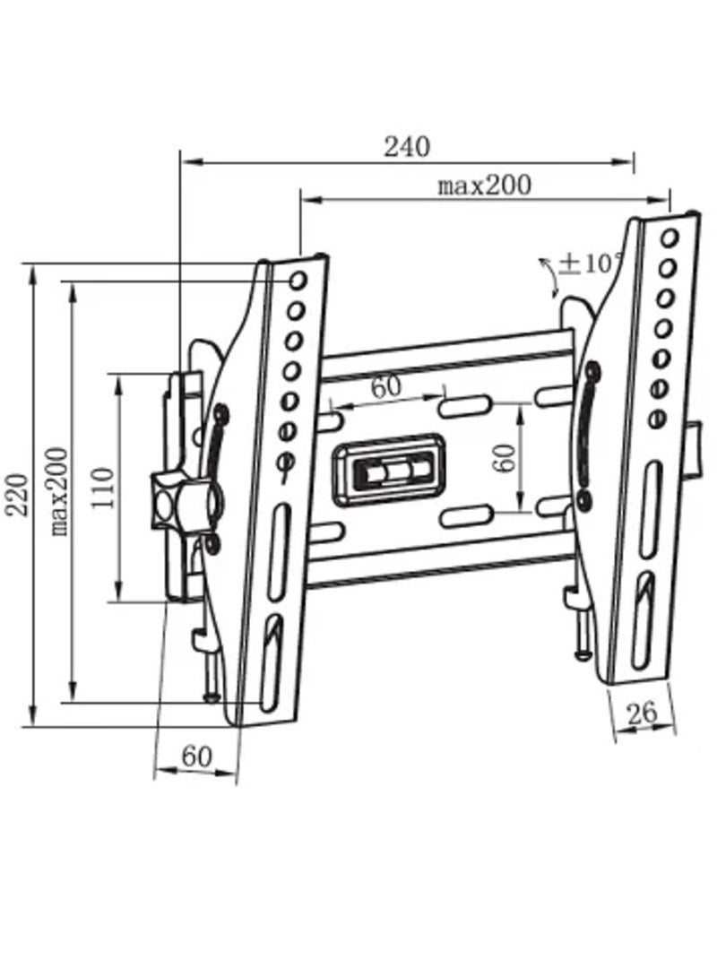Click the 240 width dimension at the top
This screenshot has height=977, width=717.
coord(408,145)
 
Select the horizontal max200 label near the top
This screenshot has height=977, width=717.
coord(484,186)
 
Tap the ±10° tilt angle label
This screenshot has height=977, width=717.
coord(591,264)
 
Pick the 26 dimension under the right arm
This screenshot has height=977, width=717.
coord(641,713)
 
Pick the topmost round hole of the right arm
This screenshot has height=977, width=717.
coord(669,239)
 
